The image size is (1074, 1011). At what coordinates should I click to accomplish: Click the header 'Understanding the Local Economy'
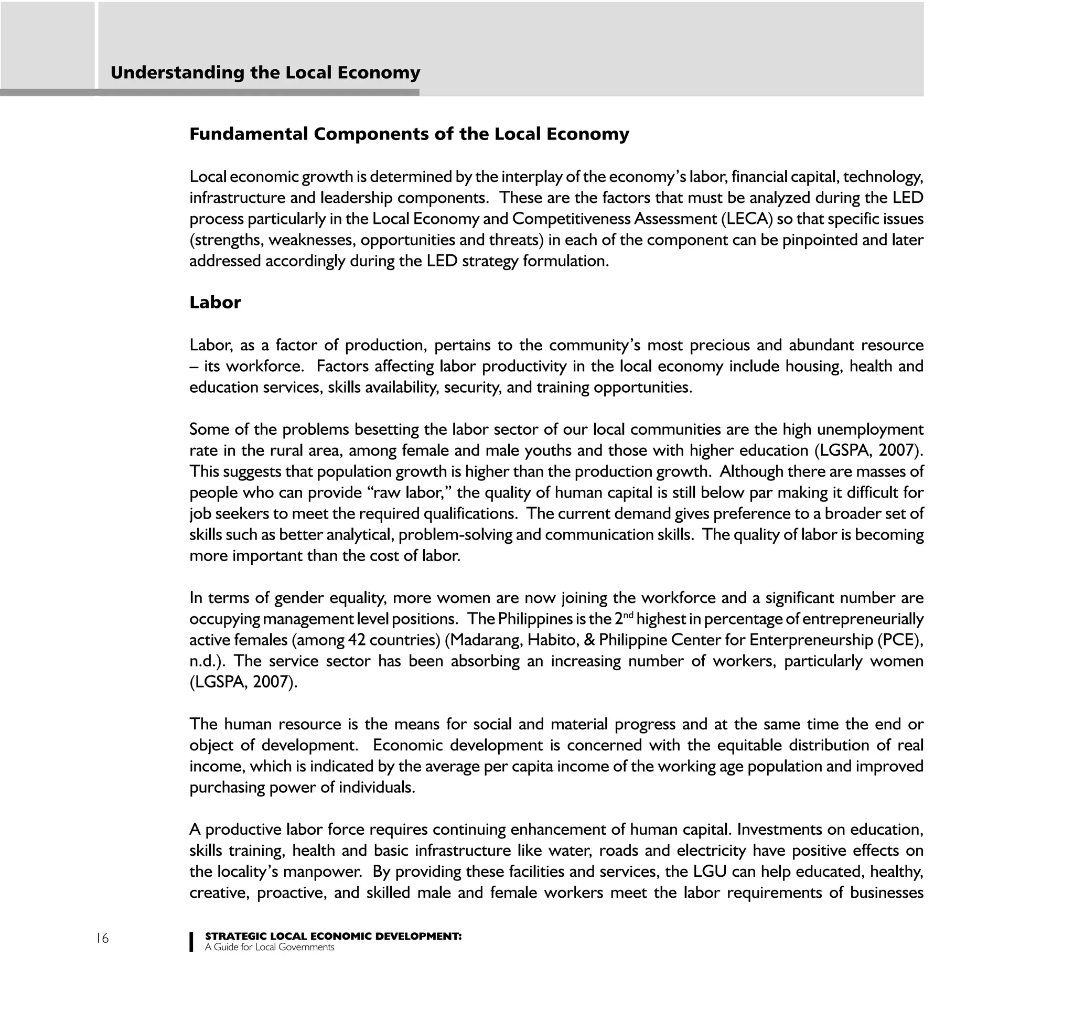click(265, 72)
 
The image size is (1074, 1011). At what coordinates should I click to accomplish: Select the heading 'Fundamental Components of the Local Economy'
click(409, 134)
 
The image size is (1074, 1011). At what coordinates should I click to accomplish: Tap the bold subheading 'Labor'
click(215, 303)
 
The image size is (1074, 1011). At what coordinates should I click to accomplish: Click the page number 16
click(102, 938)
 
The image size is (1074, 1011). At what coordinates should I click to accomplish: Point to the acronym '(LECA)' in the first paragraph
click(746, 219)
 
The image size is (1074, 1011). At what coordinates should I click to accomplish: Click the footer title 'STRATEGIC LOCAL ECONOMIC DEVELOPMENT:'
click(334, 937)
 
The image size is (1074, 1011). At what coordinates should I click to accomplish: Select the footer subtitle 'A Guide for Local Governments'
click(270, 947)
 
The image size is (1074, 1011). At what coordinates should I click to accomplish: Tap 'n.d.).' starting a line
click(208, 661)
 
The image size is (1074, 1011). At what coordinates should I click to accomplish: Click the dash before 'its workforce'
click(194, 367)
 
